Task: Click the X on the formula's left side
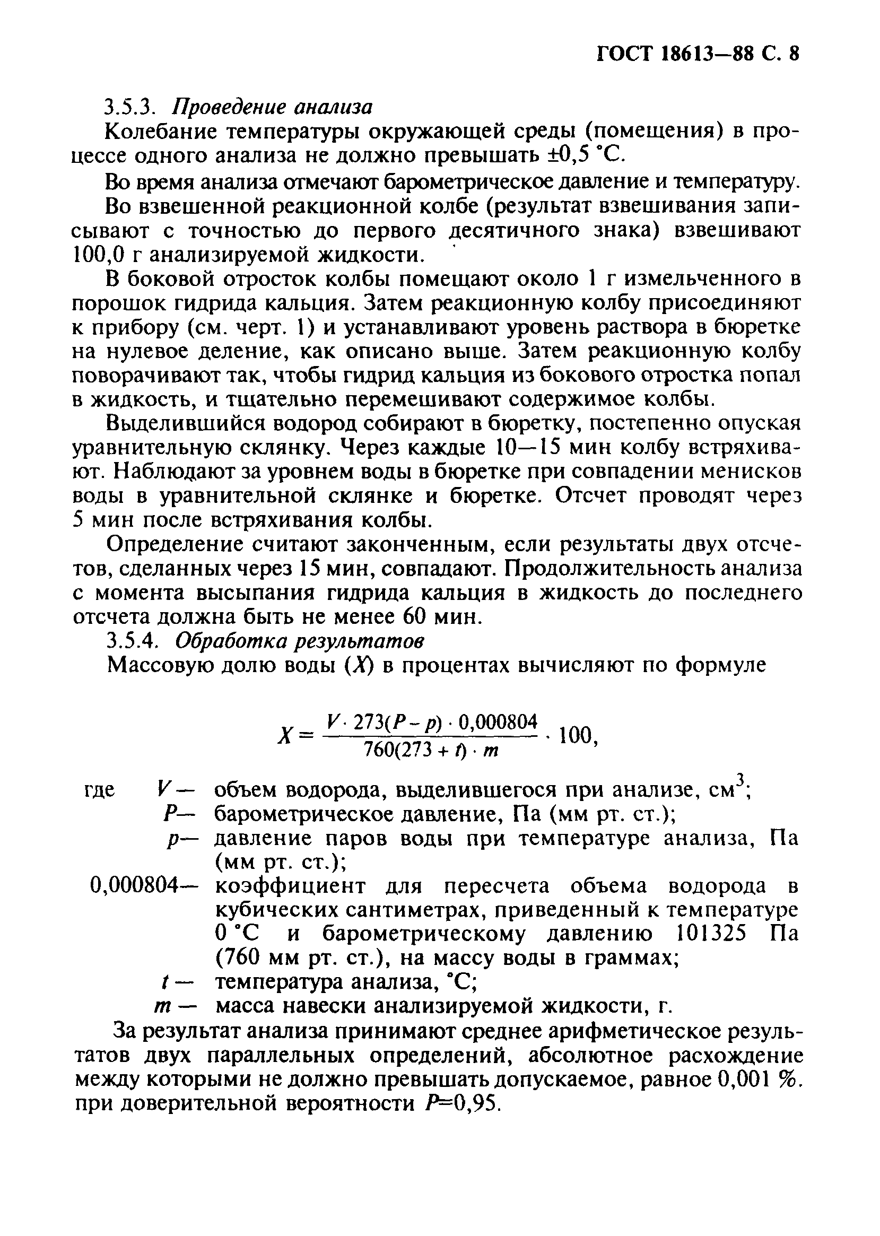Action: [284, 736]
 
